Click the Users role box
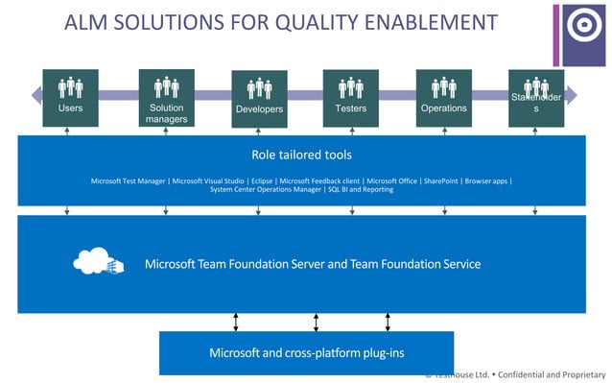(70, 97)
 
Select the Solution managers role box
(166, 97)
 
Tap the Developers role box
(259, 97)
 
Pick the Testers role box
(351, 97)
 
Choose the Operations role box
(443, 97)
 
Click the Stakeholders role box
(536, 97)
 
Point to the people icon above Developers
(259, 88)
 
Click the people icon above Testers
(351, 87)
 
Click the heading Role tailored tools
(301, 154)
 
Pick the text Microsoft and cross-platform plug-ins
(306, 352)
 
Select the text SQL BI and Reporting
(361, 190)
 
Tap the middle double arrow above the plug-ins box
(315, 322)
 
